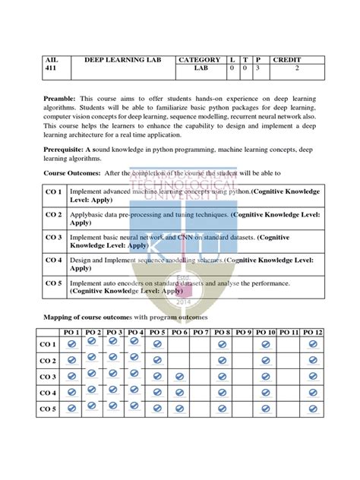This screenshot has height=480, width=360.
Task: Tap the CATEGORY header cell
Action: coord(198,59)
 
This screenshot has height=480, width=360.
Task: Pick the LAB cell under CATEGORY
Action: coord(200,68)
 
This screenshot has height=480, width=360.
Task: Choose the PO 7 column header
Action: coord(199,333)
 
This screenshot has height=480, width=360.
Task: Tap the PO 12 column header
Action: coord(312,333)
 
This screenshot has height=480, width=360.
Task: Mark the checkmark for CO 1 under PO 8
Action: coord(222,344)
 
